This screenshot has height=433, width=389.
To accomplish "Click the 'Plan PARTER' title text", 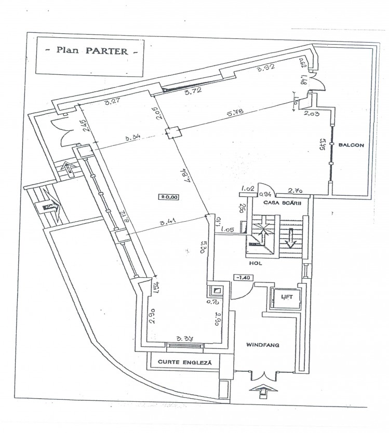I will [90, 52].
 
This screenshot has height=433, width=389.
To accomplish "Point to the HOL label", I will [255, 263].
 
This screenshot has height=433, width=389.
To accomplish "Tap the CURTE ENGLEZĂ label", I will [185, 362].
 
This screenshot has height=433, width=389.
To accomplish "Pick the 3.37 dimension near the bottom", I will [185, 339].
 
